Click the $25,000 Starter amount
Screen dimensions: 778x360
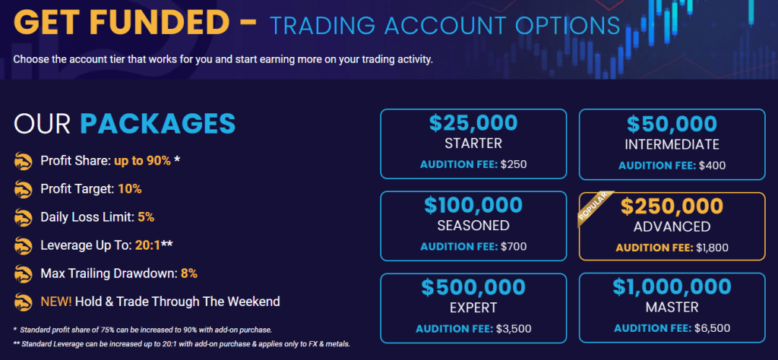(x=473, y=124)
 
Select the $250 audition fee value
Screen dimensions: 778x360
(x=514, y=164)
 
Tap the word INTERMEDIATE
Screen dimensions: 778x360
(x=672, y=144)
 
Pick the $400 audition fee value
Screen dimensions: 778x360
(x=712, y=165)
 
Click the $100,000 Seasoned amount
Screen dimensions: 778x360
(x=473, y=205)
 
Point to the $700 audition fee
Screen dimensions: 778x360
(x=514, y=246)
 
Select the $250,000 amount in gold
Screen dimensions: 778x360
(x=672, y=207)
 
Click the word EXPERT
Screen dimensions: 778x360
(x=473, y=308)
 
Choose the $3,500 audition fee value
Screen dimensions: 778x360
(x=514, y=328)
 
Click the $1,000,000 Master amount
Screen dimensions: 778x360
(x=672, y=286)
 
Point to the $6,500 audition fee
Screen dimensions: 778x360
(x=712, y=328)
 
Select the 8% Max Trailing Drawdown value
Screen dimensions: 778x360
(x=189, y=273)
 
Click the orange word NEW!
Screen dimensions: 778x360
(x=56, y=301)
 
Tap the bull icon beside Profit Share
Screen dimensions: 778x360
(x=24, y=161)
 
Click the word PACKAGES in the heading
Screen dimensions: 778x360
(x=158, y=124)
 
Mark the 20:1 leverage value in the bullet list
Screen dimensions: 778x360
(x=147, y=245)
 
